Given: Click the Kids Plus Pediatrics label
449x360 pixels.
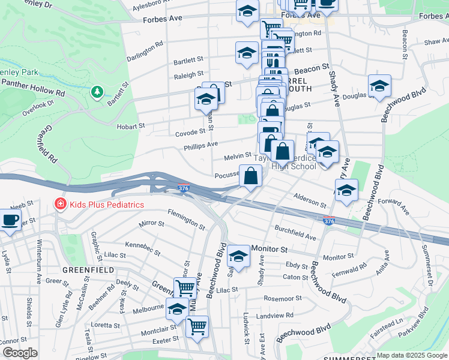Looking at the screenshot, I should point(106,205).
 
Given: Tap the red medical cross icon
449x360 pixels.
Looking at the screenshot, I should point(60,205).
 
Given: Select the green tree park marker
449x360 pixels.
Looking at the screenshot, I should point(96,92).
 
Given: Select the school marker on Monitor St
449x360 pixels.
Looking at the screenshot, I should point(238,256).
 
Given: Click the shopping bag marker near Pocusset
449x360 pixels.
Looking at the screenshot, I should point(251,176).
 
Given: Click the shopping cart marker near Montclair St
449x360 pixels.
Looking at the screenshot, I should point(197,326).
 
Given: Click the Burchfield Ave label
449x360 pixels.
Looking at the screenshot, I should point(295,233).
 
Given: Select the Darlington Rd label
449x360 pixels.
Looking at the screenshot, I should point(145,52).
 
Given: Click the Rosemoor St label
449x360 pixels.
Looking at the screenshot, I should point(282,298).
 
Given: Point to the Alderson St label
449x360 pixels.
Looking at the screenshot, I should point(310,199).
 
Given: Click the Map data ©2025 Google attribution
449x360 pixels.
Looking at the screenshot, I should point(412,355).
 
